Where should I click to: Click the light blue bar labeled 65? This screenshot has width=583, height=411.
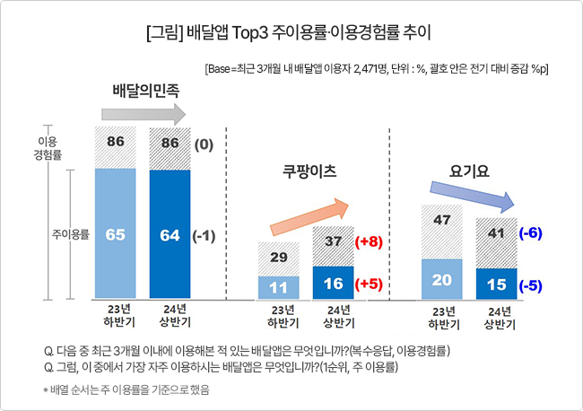(116, 233)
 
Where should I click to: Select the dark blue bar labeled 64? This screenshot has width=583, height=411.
(170, 234)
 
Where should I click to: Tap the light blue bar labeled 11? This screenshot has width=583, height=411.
(278, 287)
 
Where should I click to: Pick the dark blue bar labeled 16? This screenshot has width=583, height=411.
(333, 283)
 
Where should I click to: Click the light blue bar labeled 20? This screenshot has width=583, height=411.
(441, 279)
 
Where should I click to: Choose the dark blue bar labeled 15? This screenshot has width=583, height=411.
(496, 284)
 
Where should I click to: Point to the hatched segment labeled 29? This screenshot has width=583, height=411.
(278, 259)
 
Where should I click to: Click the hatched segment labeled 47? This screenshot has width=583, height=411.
(441, 232)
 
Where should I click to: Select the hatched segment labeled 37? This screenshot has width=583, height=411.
(333, 246)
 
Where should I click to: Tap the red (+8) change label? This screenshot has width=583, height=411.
(369, 241)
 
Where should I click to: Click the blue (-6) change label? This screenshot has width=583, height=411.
(531, 233)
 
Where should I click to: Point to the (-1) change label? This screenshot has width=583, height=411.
(204, 236)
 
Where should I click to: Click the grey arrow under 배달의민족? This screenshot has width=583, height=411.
(144, 114)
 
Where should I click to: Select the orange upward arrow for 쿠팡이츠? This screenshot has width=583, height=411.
(309, 217)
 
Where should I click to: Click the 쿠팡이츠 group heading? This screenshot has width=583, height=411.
(309, 171)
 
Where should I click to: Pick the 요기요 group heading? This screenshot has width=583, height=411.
(469, 171)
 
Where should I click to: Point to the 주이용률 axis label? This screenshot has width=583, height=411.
(71, 235)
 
